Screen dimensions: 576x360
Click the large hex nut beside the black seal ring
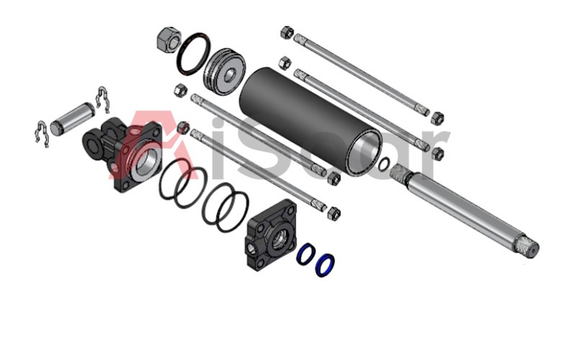tap(168, 40)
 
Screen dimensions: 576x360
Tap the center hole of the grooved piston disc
tap(230, 75)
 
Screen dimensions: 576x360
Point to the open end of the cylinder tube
tap(365, 153)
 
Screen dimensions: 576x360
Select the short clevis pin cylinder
tap(72, 119)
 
